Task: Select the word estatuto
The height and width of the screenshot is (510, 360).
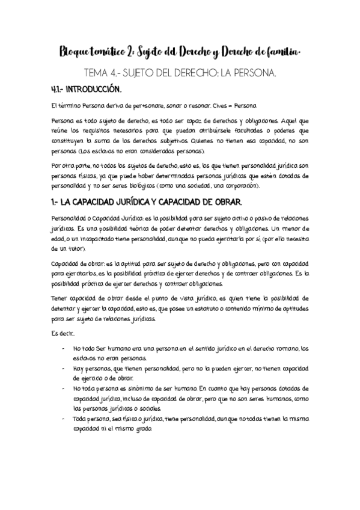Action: [x=199, y=309]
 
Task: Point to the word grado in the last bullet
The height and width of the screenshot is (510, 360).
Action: [x=142, y=429]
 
